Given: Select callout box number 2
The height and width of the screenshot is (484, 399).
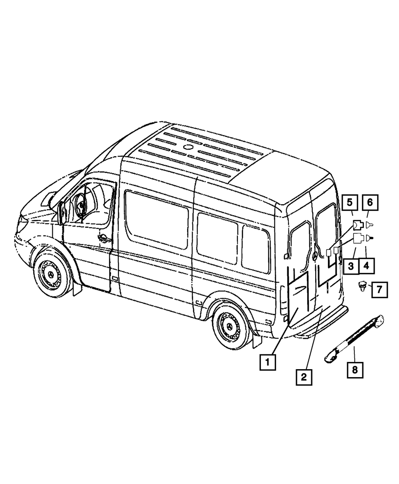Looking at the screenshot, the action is (304, 376).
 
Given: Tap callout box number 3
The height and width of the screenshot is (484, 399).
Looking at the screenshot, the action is (351, 266).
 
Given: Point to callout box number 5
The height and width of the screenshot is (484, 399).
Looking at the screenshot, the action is (350, 203).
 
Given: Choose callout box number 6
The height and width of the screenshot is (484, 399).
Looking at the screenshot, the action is (370, 203).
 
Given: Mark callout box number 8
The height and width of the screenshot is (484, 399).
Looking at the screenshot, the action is (355, 370).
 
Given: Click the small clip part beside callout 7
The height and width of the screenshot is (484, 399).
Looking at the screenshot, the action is (362, 286).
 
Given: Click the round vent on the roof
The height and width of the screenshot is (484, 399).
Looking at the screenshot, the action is (187, 148).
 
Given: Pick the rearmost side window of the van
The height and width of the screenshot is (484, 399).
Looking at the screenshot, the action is (255, 248).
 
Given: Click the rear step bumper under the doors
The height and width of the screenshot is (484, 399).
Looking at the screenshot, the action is (319, 327).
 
